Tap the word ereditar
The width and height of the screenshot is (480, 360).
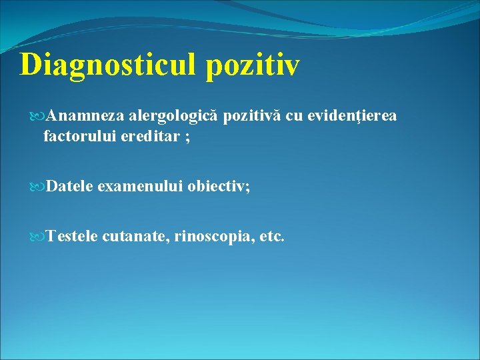(x=147, y=137)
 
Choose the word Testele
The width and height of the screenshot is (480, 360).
(x=73, y=236)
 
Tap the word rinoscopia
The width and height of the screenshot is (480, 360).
(x=213, y=236)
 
